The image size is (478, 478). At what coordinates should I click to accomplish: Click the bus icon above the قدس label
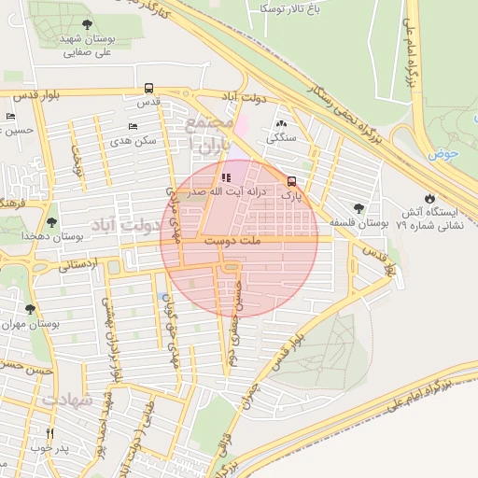[x=149, y=89]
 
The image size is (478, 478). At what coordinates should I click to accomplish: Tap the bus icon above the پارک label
[x=292, y=182]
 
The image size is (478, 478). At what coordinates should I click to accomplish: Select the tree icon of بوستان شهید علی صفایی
[x=87, y=25]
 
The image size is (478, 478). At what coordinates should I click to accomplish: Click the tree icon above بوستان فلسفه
[x=358, y=208]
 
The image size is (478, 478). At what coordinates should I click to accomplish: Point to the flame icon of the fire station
[x=429, y=198]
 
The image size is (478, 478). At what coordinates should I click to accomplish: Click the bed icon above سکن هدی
[x=132, y=125]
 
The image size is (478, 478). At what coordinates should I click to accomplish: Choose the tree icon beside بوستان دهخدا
[x=49, y=221]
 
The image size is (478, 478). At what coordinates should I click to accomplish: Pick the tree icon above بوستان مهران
[x=30, y=309]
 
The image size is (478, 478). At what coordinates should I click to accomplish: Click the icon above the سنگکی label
[x=281, y=123]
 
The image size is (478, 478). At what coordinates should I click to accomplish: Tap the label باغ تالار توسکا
[x=288, y=8]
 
